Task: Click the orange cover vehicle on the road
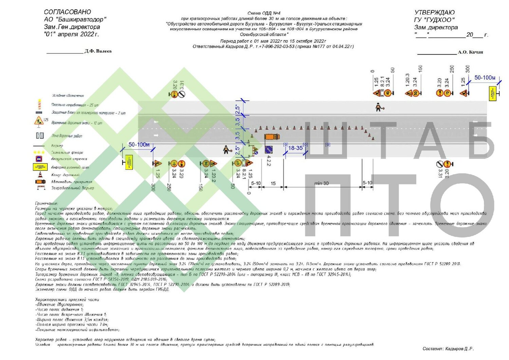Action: (x=272, y=137)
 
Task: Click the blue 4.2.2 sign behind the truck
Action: (x=268, y=150)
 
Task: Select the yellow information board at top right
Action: (x=492, y=93)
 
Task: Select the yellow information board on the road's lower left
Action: (x=128, y=162)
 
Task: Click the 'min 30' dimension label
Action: (x=321, y=183)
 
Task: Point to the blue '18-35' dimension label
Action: (x=295, y=148)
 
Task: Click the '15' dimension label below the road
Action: (x=273, y=183)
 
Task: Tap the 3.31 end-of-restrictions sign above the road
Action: (x=182, y=94)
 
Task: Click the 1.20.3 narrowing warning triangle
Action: (x=409, y=93)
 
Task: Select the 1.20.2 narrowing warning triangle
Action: (x=213, y=163)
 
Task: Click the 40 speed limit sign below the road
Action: (x=238, y=163)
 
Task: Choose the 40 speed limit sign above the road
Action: (x=388, y=93)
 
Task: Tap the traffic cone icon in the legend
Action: (x=40, y=175)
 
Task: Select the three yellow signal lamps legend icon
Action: (x=39, y=152)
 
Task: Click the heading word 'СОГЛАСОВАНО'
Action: (x=68, y=12)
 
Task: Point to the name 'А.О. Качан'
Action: (x=470, y=52)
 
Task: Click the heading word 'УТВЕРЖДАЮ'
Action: (x=434, y=13)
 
